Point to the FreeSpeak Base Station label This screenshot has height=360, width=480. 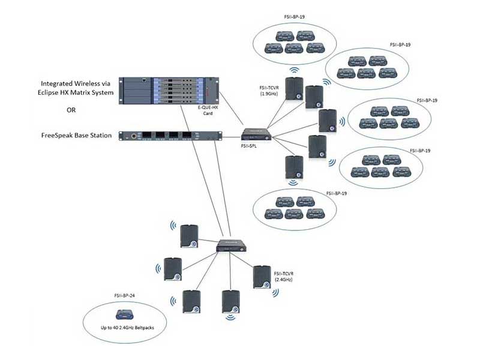coord(76,136)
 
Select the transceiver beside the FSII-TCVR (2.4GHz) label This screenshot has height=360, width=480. coord(262,278)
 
